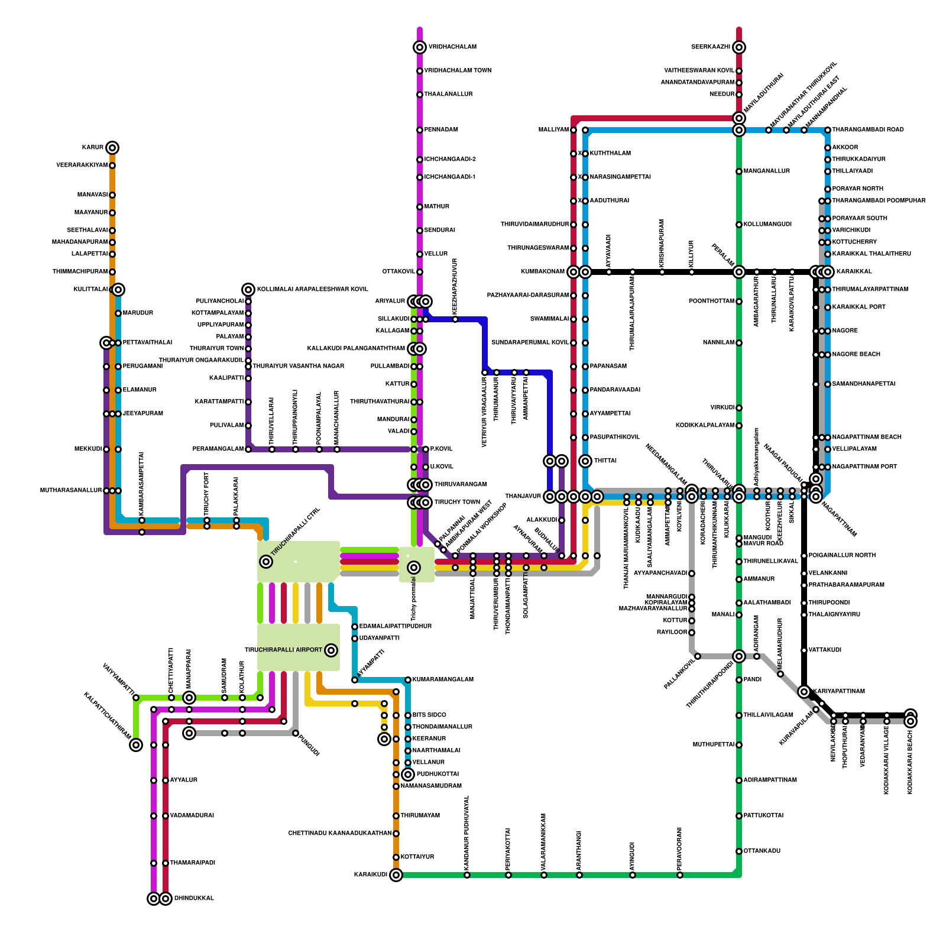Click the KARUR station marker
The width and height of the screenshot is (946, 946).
[x=112, y=148]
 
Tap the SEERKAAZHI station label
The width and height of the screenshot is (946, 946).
[x=710, y=47]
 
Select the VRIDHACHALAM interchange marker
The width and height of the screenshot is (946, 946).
[x=420, y=47]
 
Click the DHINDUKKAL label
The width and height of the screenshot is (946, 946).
[x=194, y=899]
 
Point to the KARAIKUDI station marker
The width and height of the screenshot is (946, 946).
[x=396, y=875]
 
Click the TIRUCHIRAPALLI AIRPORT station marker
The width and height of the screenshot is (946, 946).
[x=331, y=650]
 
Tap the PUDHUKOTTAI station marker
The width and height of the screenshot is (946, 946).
[x=408, y=775]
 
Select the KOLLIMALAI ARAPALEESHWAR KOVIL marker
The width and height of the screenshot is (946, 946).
[x=248, y=290]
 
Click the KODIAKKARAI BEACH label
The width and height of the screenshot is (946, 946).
[x=911, y=763]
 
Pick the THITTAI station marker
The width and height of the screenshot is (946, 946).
[x=585, y=461]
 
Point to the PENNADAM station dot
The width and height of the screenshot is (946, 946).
[x=420, y=130]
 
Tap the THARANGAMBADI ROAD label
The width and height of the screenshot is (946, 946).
[x=867, y=130]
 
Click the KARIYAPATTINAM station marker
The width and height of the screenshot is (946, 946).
[x=804, y=692]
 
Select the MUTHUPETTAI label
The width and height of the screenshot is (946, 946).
[x=713, y=745]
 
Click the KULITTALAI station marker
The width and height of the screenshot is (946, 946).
[x=118, y=290]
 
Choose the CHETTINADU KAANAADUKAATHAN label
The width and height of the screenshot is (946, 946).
[x=339, y=834]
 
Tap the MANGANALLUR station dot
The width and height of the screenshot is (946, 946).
[x=739, y=171]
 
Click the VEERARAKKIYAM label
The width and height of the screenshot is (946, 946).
[x=82, y=166]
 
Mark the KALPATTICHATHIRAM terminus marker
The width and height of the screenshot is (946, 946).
[x=136, y=745]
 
